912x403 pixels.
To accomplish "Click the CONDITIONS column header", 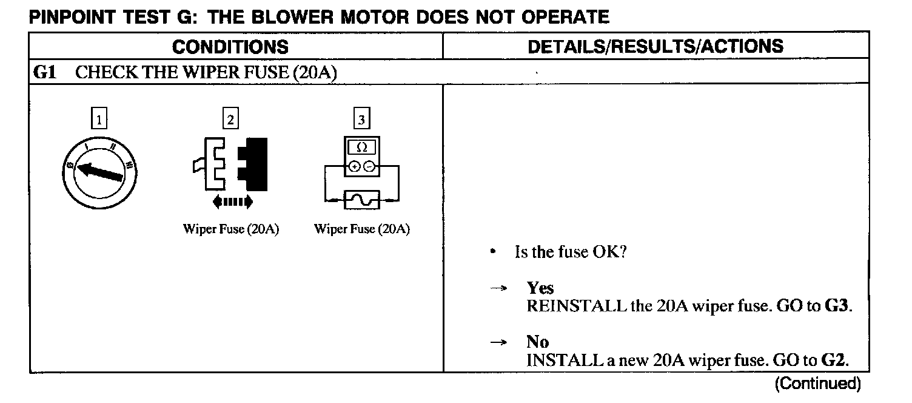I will click(x=230, y=47).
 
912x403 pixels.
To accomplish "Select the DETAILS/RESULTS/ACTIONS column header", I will click(x=655, y=46).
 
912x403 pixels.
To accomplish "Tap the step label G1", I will click(x=45, y=73).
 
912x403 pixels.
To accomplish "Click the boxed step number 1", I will click(x=99, y=120).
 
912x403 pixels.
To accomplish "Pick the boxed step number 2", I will click(x=230, y=120).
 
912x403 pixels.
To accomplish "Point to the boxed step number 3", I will click(x=362, y=120).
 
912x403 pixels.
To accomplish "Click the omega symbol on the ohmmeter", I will click(x=362, y=148).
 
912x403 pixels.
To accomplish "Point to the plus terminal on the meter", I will click(x=355, y=166).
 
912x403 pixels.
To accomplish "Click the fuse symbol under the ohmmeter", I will click(x=361, y=198).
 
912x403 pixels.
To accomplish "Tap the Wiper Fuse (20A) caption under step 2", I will click(x=231, y=229).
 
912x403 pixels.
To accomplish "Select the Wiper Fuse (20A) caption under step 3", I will click(x=362, y=229).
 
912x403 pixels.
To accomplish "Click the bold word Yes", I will click(x=540, y=288).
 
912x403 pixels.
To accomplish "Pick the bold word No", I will click(x=537, y=342).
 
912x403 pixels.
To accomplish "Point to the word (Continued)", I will click(x=817, y=384).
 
